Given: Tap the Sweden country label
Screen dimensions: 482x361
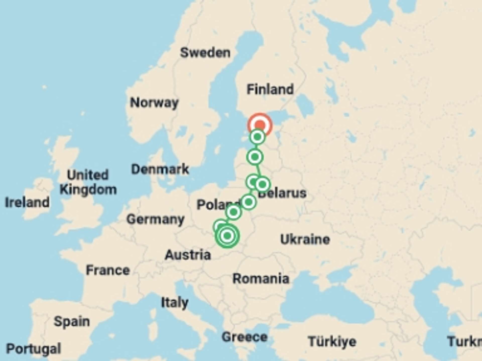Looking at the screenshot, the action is [x=205, y=53].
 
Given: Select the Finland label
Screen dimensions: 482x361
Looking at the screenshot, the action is [x=270, y=89].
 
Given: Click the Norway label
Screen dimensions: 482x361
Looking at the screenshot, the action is [x=154, y=103].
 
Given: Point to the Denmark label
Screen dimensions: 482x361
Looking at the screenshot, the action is [x=160, y=169].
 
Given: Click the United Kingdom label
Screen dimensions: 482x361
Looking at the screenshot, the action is [x=88, y=182].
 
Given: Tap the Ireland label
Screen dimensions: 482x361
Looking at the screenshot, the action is [x=27, y=202].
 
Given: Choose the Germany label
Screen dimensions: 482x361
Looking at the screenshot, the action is [x=155, y=219].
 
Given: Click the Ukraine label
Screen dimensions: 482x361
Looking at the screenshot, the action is [x=305, y=239].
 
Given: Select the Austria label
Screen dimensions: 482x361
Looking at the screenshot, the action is [x=188, y=255].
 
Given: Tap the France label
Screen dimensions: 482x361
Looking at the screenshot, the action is [x=108, y=270].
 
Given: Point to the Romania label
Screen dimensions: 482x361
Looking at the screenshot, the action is [x=261, y=279].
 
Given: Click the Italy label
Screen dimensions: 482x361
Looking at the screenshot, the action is [x=174, y=303].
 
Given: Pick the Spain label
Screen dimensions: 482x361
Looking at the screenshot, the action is [x=72, y=321].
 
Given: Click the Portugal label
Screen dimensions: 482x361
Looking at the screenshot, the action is [x=33, y=348].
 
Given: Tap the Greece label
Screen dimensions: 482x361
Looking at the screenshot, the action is [x=245, y=337].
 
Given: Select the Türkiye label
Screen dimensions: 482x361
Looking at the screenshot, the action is [x=332, y=341].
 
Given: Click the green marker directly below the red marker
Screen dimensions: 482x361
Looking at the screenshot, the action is [x=257, y=137].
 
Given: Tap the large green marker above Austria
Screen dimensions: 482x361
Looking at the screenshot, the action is [x=227, y=236].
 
